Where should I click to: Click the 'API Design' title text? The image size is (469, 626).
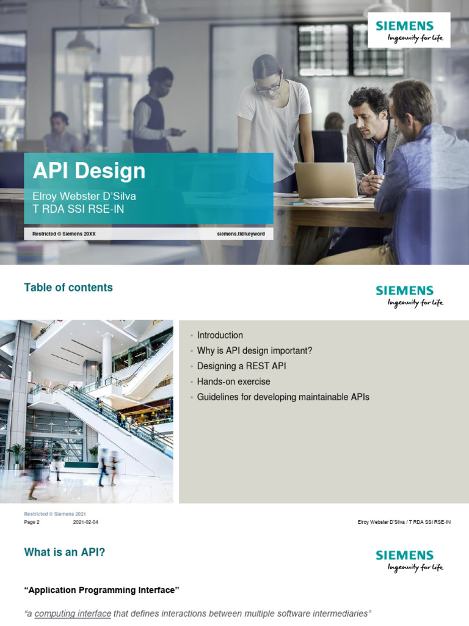[x=89, y=171]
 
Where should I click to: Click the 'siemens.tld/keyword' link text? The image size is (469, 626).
[x=241, y=234]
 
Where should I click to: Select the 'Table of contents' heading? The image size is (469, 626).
[x=68, y=287]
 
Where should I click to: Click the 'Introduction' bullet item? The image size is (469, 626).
[x=220, y=335]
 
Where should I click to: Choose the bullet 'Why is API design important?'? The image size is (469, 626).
[x=255, y=350]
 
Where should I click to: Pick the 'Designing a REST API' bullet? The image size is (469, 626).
[x=241, y=366]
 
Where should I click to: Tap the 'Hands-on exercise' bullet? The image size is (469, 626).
[x=233, y=381]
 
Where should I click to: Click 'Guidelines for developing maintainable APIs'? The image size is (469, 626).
[x=283, y=397]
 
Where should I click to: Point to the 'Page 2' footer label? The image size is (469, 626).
[x=32, y=523]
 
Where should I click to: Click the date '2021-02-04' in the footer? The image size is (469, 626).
[x=85, y=523]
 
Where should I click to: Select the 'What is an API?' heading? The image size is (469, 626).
[x=64, y=553]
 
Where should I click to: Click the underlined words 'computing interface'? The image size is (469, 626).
[x=73, y=613]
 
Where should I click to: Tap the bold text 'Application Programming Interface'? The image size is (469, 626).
[x=101, y=590]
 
